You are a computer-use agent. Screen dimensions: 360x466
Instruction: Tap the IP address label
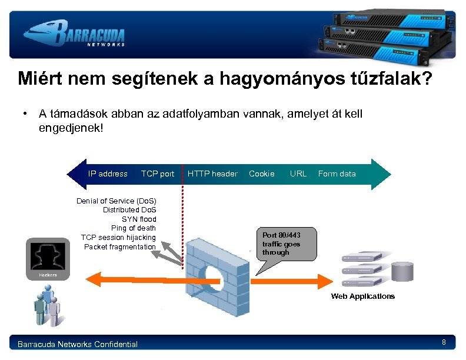point(108,174)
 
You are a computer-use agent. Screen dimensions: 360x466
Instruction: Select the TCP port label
point(158,174)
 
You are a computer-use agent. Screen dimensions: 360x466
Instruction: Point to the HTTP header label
point(212,174)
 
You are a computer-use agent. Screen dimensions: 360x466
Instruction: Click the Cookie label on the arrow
point(262,174)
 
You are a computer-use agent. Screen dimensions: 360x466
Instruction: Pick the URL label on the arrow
point(298,174)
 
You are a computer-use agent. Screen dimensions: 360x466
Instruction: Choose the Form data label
point(337,174)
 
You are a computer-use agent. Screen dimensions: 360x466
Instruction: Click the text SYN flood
point(139,219)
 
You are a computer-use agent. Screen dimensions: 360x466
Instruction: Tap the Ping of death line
point(134,228)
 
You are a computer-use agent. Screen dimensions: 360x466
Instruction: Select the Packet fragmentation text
point(120,246)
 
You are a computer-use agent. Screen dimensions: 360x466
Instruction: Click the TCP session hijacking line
point(118,238)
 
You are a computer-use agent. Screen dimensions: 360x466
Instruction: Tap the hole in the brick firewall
point(212,276)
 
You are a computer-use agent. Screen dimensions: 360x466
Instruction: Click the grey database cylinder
point(404,272)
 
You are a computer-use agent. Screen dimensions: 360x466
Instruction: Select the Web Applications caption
point(362,296)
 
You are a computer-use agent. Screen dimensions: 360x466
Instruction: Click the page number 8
point(444,342)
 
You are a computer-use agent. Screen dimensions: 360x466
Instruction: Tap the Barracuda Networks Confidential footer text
point(78,344)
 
